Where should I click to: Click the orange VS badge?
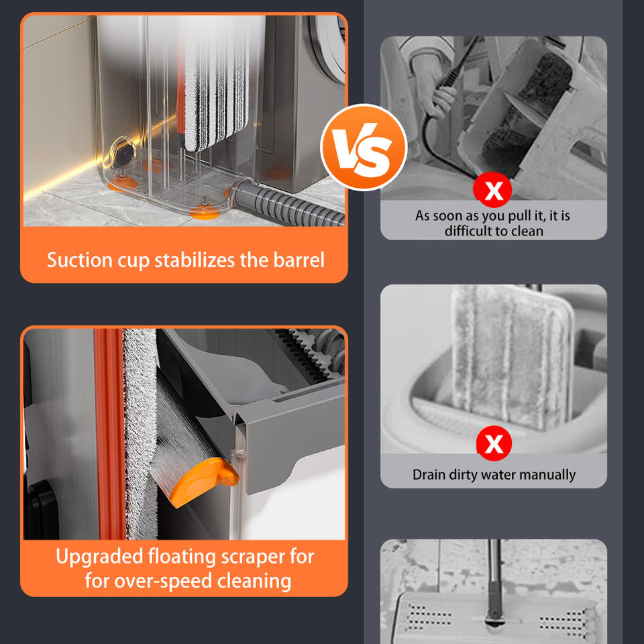point(364,147)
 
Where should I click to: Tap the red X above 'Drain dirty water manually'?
point(494,443)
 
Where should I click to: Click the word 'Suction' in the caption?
point(80,260)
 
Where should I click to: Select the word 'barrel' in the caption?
point(299,260)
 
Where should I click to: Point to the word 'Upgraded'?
point(99,557)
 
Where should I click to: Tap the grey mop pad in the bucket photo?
point(512,358)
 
